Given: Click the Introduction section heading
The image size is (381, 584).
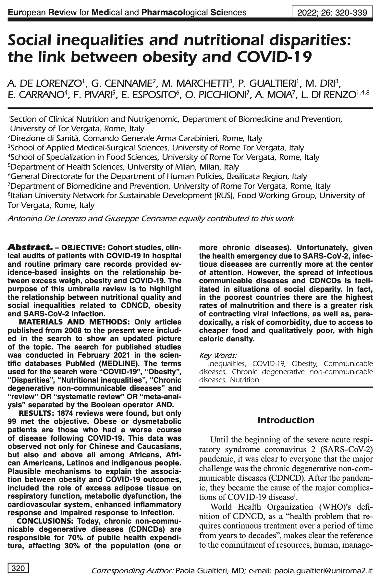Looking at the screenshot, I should click(286, 420).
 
